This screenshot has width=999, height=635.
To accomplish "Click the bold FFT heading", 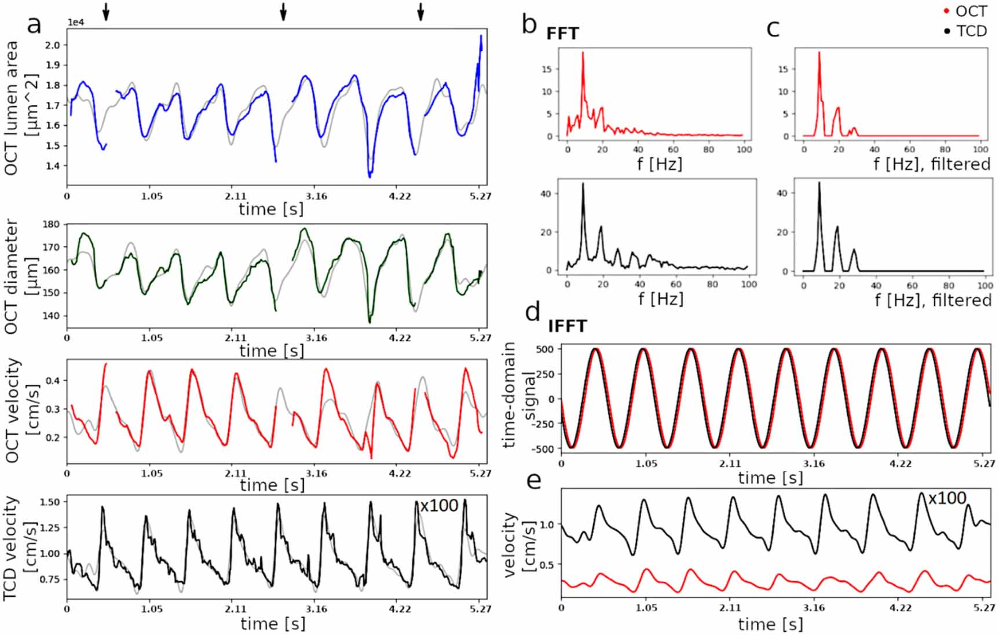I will coord(562,34).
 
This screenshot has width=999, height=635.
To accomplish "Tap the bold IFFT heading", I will coord(568,326).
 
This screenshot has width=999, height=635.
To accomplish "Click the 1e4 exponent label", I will coord(77,23).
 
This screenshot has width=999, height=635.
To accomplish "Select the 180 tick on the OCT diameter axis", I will coord(52,225).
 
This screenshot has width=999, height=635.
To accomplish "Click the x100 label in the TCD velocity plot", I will coord(439,506).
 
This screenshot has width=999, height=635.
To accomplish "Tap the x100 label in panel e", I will coord(947,498).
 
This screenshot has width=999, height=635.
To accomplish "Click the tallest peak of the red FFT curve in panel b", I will coord(583,52).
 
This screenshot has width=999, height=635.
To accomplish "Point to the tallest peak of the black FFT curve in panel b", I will coord(583,183).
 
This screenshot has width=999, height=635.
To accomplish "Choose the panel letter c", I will coord(773,28).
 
